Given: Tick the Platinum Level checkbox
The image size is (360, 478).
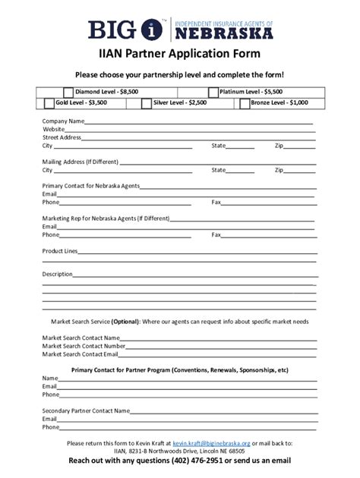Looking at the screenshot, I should point(213,92).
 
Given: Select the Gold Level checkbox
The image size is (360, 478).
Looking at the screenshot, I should point(49,102).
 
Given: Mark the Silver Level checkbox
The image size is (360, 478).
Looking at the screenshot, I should point(147,102).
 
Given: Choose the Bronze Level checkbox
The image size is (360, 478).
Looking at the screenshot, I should point(245,102).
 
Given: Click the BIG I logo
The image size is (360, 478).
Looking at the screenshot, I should point(126,30).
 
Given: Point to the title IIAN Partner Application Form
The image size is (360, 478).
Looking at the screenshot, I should point(179,54).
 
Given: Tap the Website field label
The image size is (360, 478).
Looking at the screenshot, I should point(54,130).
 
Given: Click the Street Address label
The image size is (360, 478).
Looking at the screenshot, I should point(62,137).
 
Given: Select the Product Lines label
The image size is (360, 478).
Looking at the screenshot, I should point(59,250).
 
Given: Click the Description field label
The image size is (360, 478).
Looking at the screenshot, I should point(57,274).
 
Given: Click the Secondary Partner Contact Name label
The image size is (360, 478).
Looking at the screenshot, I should point(86,410).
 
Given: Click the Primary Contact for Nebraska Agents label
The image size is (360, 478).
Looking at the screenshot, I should point(91,186).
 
